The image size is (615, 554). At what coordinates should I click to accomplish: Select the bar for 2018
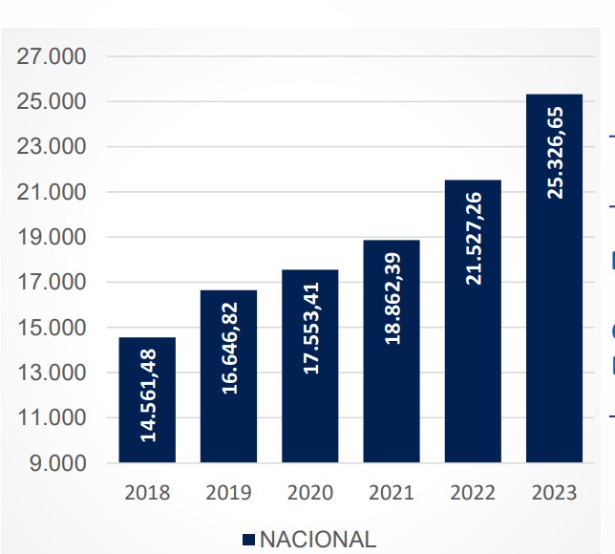coord(147,400)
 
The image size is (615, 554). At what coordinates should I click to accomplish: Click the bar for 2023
coord(554,278)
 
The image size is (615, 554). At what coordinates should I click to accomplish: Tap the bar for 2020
coord(309,366)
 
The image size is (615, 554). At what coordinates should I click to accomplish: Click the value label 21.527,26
coord(473,238)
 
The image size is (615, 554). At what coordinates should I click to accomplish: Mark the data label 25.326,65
coord(555,152)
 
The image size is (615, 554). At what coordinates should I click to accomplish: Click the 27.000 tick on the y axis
coord(53,56)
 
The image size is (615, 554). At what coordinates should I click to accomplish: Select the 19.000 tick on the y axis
coord(53,237)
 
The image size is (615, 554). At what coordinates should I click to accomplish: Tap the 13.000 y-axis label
coord(53,373)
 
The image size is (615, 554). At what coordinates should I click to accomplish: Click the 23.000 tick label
coord(53,147)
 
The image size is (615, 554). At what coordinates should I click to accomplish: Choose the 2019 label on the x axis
coord(228,493)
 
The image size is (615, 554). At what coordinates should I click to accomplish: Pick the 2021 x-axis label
coord(392,493)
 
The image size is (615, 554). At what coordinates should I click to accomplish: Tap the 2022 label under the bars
coord(473,493)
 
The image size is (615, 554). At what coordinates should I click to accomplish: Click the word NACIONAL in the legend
coord(318,539)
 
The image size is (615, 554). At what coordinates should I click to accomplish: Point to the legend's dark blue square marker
coord(249,540)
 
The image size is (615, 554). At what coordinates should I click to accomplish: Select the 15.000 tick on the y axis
coord(53,328)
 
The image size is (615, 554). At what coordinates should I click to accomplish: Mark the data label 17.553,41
coord(310,321)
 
